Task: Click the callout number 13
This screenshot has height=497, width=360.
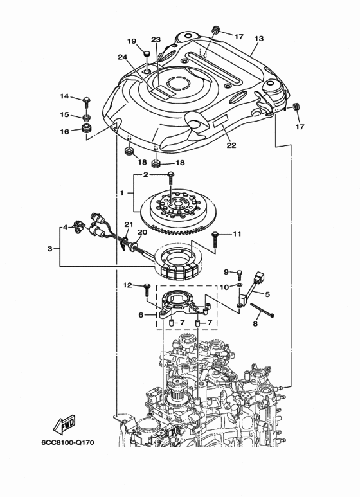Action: click(258, 39)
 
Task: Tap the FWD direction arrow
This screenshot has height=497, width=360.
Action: click(66, 426)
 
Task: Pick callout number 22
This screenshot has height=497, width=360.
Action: click(231, 145)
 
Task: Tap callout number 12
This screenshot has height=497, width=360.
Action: click(127, 285)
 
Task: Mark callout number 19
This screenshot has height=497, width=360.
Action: click(132, 41)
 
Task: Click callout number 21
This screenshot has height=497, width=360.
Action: click(127, 224)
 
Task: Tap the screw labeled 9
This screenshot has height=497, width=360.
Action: click(239, 273)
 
